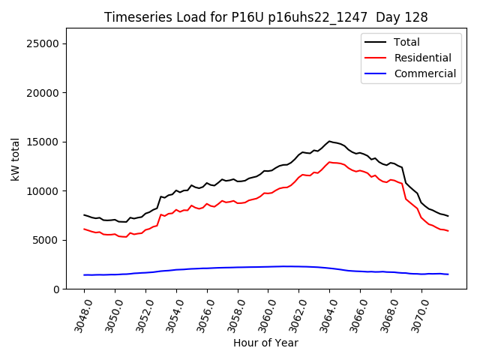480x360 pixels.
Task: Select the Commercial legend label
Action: click(425, 73)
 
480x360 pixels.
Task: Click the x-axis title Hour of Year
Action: click(265, 343)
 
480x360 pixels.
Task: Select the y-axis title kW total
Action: click(15, 159)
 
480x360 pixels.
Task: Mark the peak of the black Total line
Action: click(329, 141)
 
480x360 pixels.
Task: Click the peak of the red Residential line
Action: click(329, 162)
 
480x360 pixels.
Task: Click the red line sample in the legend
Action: click(375, 58)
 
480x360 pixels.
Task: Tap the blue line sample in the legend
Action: click(375, 73)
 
